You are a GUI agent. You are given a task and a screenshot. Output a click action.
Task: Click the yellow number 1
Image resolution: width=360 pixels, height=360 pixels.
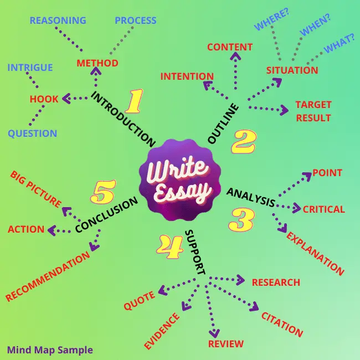point(135,101)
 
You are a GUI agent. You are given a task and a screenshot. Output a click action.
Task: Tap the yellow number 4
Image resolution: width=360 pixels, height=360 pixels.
point(170,246)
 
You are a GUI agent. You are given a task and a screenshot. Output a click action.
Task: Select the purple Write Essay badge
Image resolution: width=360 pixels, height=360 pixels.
point(180,180)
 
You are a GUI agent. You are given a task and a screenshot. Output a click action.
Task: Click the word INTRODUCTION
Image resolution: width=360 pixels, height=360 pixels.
point(124,119)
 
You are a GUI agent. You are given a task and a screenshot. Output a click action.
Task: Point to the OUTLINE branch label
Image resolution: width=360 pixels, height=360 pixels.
point(223,124)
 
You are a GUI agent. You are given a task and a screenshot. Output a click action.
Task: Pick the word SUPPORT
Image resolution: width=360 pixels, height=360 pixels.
point(195,252)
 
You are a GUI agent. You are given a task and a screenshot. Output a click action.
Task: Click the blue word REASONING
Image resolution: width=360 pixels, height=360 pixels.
point(58,20)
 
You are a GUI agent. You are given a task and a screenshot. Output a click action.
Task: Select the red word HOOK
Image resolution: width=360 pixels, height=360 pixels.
point(44,99)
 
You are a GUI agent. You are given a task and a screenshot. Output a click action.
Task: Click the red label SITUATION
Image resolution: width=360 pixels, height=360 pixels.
point(292,70)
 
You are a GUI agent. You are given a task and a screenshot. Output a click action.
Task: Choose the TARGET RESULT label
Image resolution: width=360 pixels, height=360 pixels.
point(313,111)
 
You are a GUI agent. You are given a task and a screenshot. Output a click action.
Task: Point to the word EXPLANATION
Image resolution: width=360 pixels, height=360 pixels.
point(315,254)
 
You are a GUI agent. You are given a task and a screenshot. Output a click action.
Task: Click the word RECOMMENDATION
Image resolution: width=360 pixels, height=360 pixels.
point(48,276)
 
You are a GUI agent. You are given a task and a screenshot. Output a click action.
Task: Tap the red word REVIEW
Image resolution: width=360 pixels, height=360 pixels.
point(225,344)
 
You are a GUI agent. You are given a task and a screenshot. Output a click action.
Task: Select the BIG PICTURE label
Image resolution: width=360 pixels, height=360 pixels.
point(35,189)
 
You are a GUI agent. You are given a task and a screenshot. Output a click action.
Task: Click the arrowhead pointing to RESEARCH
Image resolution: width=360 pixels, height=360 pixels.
point(240,280)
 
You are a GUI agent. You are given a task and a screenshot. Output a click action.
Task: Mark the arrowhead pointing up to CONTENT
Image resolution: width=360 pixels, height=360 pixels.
point(235,56)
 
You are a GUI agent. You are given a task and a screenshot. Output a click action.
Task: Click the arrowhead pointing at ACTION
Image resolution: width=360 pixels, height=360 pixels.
point(52,230)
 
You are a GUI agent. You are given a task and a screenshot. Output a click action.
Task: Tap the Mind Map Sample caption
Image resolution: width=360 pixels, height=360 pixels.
point(50,350)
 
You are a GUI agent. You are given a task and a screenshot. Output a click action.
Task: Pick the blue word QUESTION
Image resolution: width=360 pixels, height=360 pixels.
point(32,133)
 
